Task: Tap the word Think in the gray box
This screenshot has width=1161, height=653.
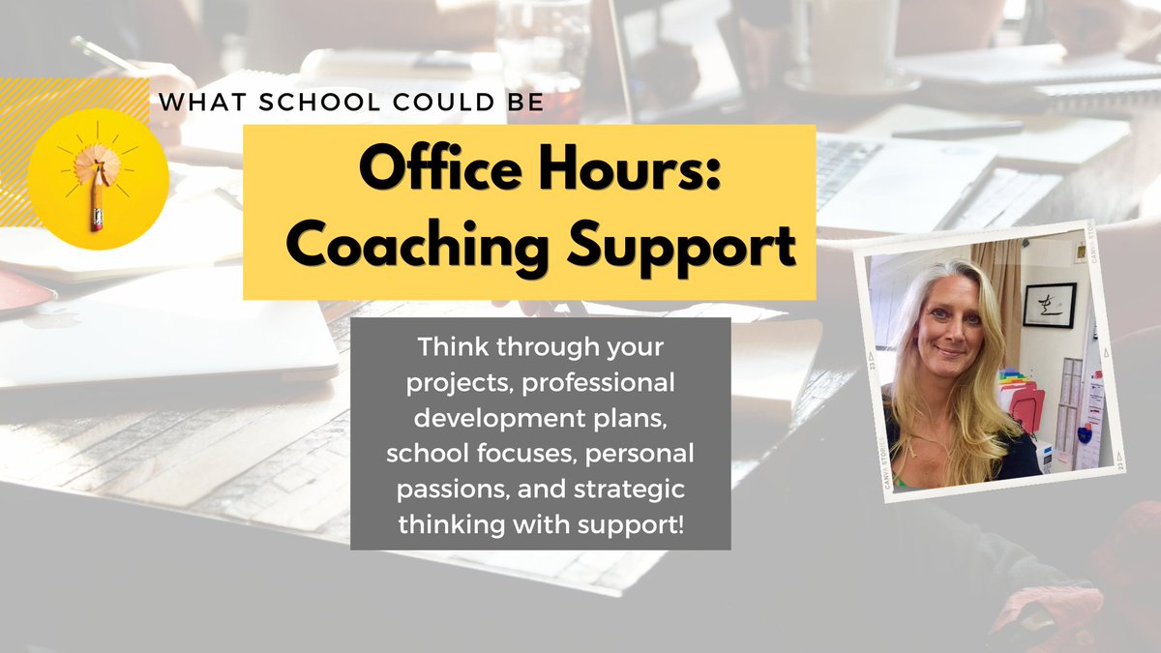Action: click(x=447, y=344)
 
